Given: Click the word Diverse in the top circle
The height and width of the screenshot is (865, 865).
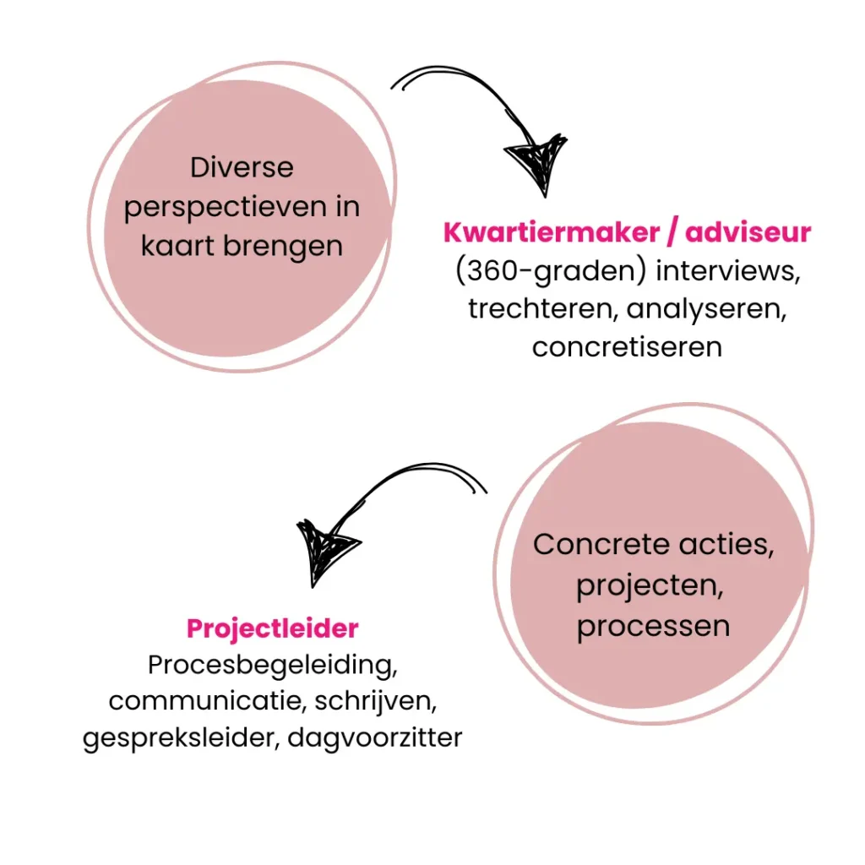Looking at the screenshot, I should pyautogui.click(x=242, y=167).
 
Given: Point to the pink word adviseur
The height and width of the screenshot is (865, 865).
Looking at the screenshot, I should pyautogui.click(x=748, y=232).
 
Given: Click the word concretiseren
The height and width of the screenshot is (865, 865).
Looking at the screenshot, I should pyautogui.click(x=627, y=346).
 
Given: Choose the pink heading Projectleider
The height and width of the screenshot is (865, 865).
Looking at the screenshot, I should pyautogui.click(x=272, y=628).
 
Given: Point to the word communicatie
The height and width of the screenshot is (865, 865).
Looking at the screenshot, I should pyautogui.click(x=197, y=701).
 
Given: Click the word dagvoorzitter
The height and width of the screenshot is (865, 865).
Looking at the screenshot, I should pyautogui.click(x=375, y=737).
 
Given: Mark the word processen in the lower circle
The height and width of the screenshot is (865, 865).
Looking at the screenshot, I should pyautogui.click(x=653, y=626).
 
